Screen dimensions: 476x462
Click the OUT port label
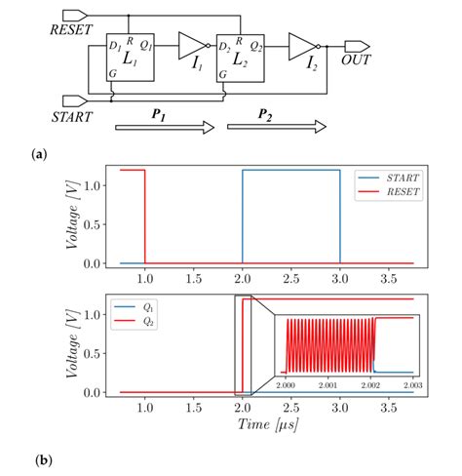point(355,61)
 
